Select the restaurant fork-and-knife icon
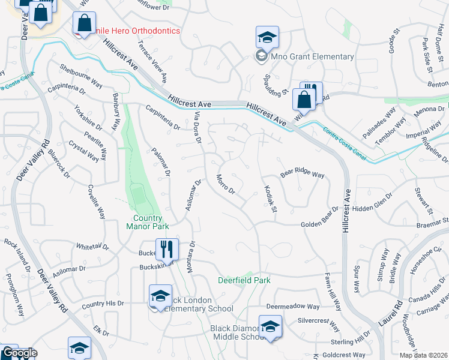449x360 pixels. click(167, 248)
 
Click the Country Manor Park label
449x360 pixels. click(148, 222)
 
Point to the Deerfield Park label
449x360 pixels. click(244, 280)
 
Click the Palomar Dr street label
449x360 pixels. click(161, 163)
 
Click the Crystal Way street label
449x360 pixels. click(84, 151)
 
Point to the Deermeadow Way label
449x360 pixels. click(293, 307)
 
